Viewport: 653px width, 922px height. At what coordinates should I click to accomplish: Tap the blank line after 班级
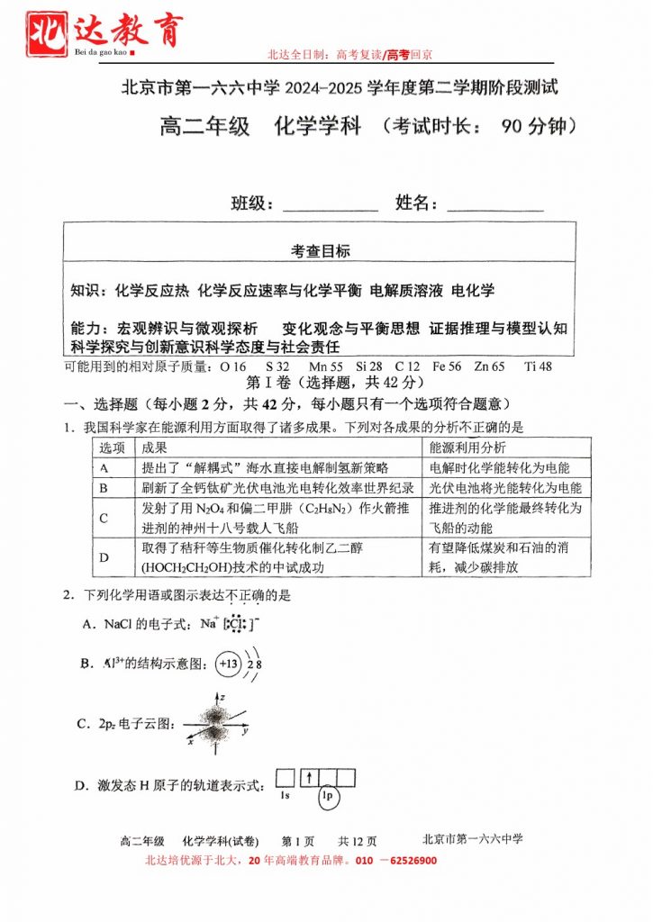tap(330, 206)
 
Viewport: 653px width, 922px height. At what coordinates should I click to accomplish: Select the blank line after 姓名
tap(494, 206)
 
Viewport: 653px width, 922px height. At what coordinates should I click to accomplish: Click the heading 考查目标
tap(320, 251)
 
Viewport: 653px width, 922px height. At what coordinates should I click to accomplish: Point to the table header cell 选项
tap(112, 447)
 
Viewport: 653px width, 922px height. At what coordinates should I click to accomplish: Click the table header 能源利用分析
tap(467, 447)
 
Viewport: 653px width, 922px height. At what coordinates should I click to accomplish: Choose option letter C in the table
tap(104, 518)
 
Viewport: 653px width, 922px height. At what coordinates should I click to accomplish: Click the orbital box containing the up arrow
tap(306, 778)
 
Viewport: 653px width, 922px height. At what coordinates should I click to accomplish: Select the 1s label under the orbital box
tap(285, 796)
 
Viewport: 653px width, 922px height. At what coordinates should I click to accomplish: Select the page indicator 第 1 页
tap(298, 840)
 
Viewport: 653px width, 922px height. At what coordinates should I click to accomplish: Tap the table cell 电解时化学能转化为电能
tap(499, 467)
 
